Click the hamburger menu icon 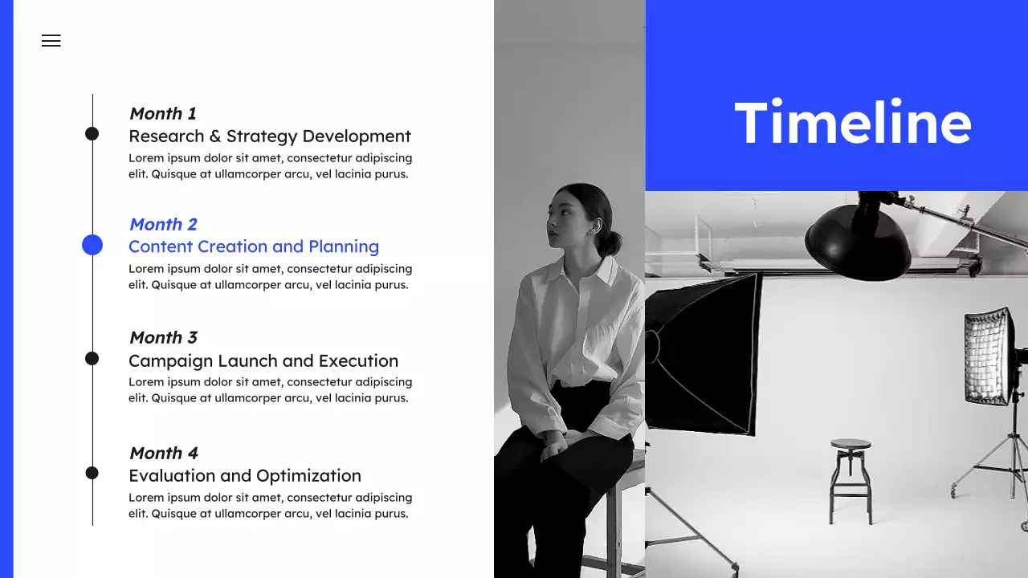coord(51,41)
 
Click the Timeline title coord(853,123)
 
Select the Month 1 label coord(162,113)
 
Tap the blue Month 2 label coord(163,224)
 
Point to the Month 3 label coord(163,337)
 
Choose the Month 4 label coord(163,453)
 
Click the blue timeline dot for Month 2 coord(92,245)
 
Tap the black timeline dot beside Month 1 coord(92,133)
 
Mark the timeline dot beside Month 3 coord(92,358)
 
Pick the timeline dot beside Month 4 coord(92,473)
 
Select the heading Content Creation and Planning coord(254,246)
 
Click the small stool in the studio coord(851,478)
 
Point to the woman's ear coord(595,227)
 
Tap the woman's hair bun coord(614,242)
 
